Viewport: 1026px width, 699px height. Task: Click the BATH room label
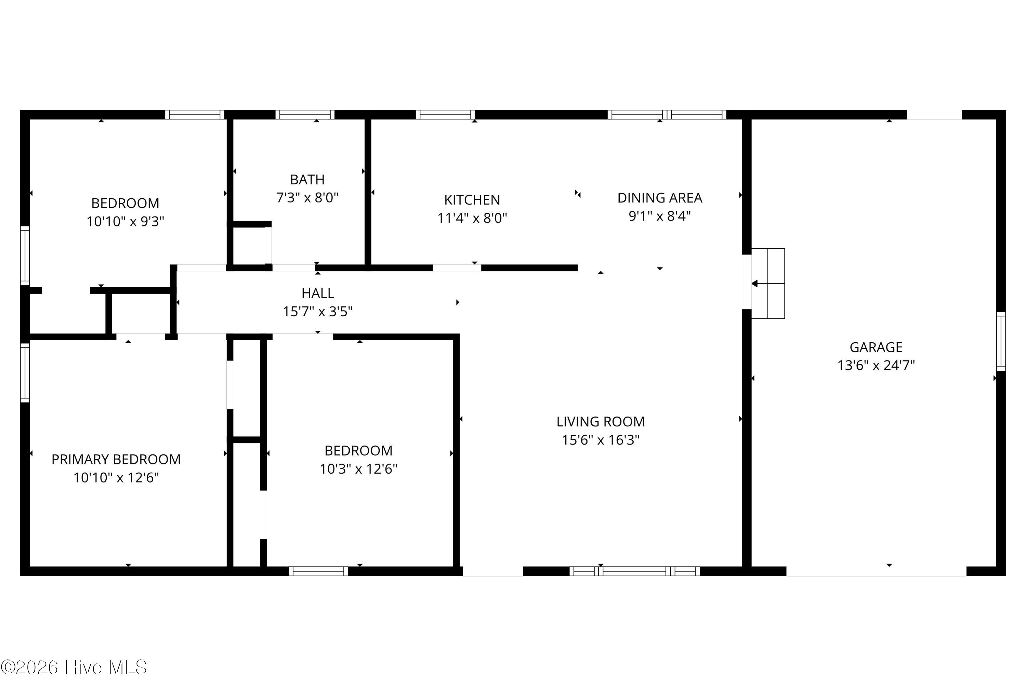307,180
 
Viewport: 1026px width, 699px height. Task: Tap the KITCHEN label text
472,200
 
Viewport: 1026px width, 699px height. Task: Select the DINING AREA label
660,198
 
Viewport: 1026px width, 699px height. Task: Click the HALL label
317,293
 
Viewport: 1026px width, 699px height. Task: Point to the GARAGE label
876,347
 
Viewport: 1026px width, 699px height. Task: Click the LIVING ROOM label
601,422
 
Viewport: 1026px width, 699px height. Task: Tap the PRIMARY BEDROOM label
116,460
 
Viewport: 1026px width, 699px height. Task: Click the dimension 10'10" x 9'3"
126,221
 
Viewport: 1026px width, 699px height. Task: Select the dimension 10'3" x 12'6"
358,469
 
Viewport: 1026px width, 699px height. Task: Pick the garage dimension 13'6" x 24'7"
876,366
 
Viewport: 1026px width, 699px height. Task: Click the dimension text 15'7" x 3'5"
317,312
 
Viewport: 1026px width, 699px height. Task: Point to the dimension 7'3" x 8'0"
307,197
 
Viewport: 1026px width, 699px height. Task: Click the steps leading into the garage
768,283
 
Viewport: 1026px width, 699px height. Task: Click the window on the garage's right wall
1001,341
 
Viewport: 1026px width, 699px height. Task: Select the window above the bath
305,115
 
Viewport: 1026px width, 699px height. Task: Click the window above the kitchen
445,115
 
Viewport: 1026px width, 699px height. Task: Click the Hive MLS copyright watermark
74,667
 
